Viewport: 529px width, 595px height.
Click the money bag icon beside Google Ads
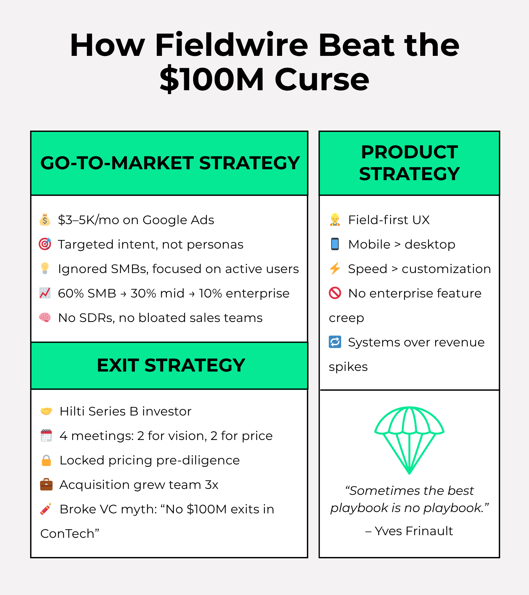pyautogui.click(x=45, y=220)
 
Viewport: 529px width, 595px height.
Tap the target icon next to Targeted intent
pyautogui.click(x=45, y=244)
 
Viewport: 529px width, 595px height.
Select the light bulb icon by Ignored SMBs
pyautogui.click(x=45, y=268)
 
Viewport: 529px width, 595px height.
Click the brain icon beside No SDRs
pyautogui.click(x=45, y=318)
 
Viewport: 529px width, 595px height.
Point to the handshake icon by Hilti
pyautogui.click(x=46, y=411)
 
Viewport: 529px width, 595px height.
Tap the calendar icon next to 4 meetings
pyautogui.click(x=46, y=436)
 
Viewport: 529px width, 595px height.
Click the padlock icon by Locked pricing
pyautogui.click(x=46, y=460)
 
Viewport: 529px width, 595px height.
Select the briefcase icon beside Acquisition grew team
pyautogui.click(x=46, y=485)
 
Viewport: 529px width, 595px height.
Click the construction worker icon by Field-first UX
pyautogui.click(x=335, y=220)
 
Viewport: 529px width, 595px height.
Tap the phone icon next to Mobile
pyautogui.click(x=335, y=244)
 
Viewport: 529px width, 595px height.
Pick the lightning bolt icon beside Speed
pyautogui.click(x=335, y=268)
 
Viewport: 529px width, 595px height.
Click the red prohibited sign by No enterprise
pyautogui.click(x=335, y=293)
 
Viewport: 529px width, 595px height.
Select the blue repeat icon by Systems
pyautogui.click(x=335, y=342)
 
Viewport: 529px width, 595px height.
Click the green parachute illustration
pyautogui.click(x=409, y=440)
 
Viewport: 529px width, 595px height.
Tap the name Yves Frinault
pyautogui.click(x=414, y=531)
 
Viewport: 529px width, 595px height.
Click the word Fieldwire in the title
pyautogui.click(x=231, y=45)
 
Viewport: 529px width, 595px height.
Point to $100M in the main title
pyautogui.click(x=212, y=79)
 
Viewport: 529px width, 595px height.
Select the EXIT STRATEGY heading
pyautogui.click(x=171, y=365)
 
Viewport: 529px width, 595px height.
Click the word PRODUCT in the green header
pyautogui.click(x=409, y=152)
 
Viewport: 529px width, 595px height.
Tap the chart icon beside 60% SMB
pyautogui.click(x=45, y=293)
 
